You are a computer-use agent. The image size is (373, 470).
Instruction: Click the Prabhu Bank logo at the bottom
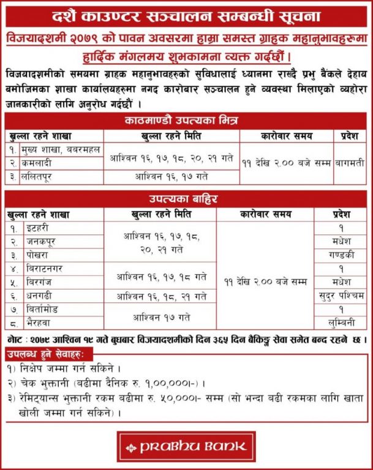[186, 446]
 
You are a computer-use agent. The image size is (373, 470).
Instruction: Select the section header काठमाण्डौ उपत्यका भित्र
[186, 121]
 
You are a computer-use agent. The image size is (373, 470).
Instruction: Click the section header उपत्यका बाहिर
[186, 200]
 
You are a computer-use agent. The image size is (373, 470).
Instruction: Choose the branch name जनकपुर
[47, 242]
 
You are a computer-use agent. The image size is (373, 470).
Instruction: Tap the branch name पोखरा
[42, 255]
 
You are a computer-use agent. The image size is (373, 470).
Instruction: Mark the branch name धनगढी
[45, 296]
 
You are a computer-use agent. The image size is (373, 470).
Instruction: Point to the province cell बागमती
[350, 163]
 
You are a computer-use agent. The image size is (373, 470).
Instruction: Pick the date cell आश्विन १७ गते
[160, 317]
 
